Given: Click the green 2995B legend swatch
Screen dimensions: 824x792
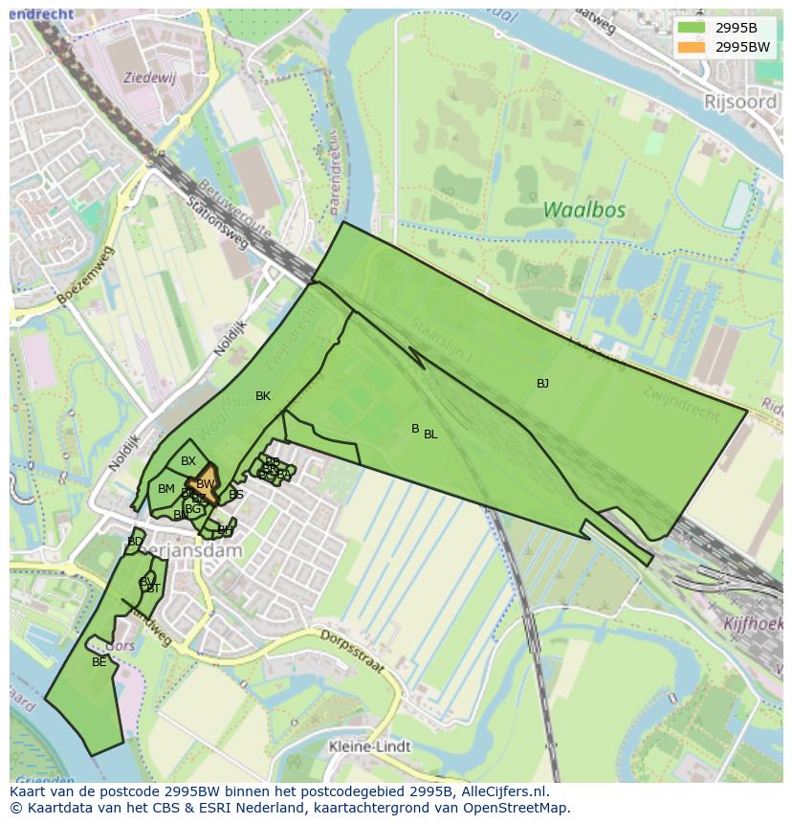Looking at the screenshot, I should [x=691, y=28].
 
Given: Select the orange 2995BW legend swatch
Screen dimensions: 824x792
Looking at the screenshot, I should [x=691, y=47].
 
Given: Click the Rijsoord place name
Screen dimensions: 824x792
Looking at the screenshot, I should [x=740, y=101].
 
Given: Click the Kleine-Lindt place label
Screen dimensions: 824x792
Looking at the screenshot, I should [x=369, y=746].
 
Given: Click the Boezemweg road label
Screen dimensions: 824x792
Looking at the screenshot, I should [x=84, y=276].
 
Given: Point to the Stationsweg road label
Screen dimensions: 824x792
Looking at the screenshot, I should [x=217, y=225].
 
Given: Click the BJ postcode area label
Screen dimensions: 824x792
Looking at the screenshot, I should [x=542, y=384].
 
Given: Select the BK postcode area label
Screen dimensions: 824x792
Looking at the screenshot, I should [x=263, y=396].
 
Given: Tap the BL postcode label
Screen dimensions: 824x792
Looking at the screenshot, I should [x=430, y=434].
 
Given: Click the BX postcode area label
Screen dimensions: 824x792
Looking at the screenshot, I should [x=188, y=461].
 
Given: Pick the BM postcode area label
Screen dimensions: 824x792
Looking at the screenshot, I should [x=166, y=489].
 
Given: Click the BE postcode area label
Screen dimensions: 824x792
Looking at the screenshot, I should [x=99, y=661].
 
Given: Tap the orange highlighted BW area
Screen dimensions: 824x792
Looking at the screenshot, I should [x=206, y=481].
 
